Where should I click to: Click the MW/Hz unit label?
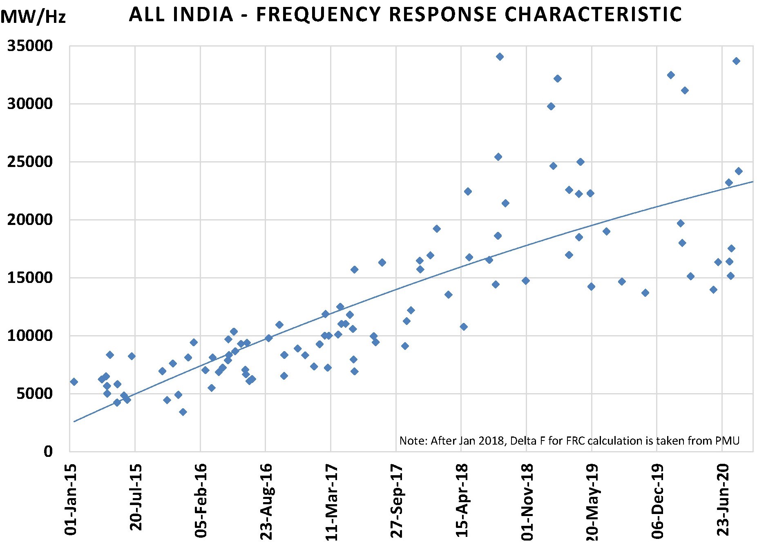click(33, 17)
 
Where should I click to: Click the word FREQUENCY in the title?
click(319, 15)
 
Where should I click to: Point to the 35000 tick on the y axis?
click(30, 46)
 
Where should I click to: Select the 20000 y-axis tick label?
click(30, 220)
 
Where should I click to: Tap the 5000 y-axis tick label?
click(34, 394)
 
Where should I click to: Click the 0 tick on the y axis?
click(48, 452)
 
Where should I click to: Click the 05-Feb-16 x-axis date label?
click(201, 501)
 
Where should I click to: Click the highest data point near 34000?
click(500, 57)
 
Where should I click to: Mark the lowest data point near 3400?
click(183, 412)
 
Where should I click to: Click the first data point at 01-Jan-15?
click(74, 382)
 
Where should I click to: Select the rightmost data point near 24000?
click(739, 171)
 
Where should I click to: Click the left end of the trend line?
click(74, 421)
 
